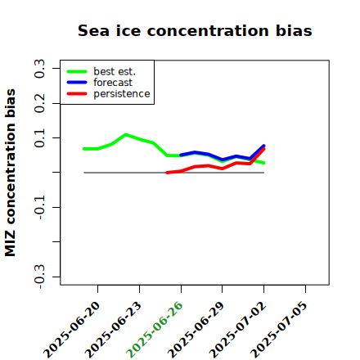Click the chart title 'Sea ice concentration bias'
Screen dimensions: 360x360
click(195, 31)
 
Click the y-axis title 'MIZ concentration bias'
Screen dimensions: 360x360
click(11, 173)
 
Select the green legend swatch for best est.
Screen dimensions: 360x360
click(77, 71)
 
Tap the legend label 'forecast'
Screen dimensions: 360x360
click(113, 83)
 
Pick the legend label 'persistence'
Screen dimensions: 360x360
click(122, 94)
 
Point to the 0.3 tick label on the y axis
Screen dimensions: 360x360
click(39, 69)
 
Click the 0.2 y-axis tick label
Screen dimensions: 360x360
click(39, 103)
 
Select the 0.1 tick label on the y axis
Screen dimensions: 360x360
click(39, 138)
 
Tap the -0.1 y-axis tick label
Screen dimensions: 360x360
click(39, 208)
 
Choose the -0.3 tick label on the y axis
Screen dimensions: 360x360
click(39, 277)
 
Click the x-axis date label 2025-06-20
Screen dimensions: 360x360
click(72, 330)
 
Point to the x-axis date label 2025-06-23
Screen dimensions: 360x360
click(113, 330)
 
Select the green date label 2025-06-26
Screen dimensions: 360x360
click(155, 330)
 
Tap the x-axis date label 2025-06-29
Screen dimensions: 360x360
click(196, 330)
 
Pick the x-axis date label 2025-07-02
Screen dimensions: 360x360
click(237, 330)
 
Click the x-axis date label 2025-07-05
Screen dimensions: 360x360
click(279, 330)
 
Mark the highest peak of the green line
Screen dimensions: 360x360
click(125, 134)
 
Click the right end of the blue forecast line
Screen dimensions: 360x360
click(264, 146)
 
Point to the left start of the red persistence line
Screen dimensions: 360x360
click(167, 173)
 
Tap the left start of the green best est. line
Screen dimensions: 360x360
click(84, 149)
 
